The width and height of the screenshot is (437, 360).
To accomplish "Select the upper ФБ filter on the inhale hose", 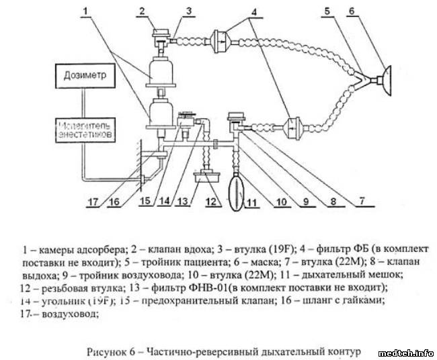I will (222, 40).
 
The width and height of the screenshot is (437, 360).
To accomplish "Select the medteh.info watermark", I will (406, 352).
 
